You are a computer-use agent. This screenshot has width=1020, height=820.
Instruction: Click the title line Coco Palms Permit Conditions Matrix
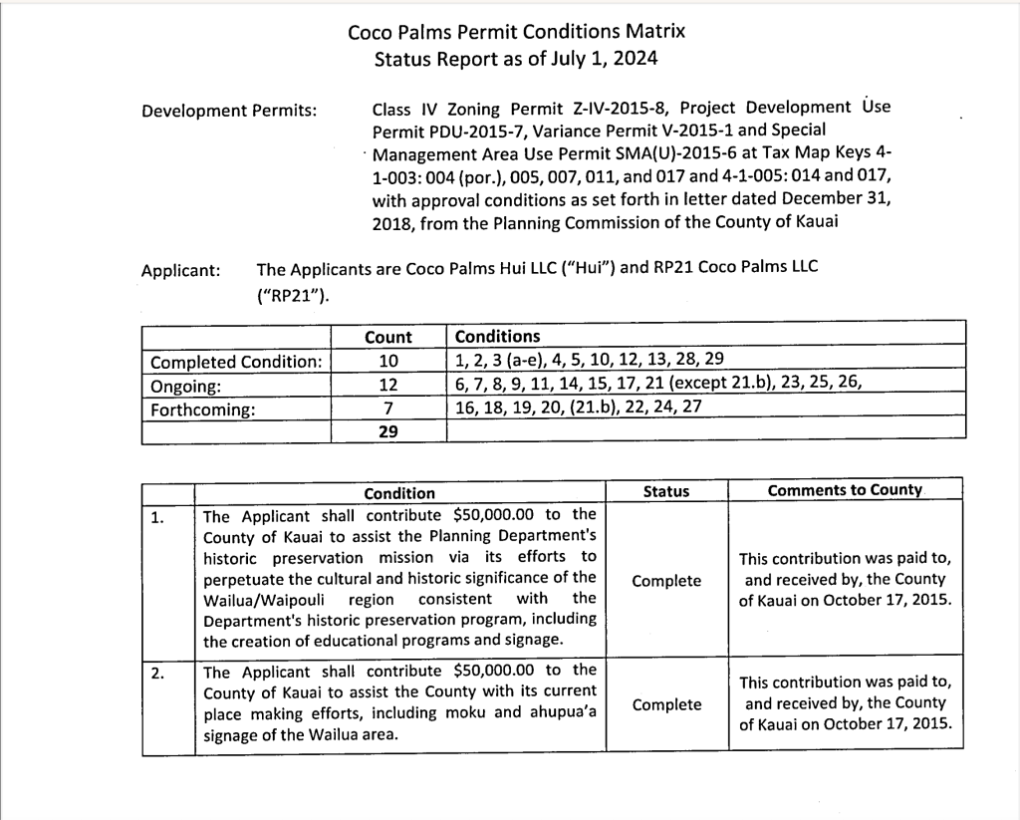(x=516, y=31)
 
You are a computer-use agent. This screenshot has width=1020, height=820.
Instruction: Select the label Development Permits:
(x=229, y=110)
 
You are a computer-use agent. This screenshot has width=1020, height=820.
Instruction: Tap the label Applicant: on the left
(x=181, y=270)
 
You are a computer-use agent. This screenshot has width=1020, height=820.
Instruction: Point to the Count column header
(x=388, y=337)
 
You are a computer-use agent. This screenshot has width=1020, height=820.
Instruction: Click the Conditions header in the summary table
(x=497, y=337)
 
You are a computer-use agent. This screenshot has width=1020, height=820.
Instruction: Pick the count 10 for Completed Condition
(x=388, y=361)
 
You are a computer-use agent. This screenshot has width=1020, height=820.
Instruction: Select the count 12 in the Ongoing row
(x=388, y=385)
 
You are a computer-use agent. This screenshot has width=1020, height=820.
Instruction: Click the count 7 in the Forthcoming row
(x=388, y=408)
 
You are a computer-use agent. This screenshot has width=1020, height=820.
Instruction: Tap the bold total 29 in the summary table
(x=388, y=430)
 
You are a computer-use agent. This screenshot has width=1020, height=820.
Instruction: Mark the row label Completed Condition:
(x=235, y=362)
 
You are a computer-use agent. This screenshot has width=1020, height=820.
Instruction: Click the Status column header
(x=666, y=491)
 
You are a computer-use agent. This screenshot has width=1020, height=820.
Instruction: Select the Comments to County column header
(x=845, y=490)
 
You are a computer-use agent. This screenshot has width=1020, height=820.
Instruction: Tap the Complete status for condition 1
(x=666, y=580)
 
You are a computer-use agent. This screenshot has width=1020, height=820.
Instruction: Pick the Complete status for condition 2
(x=666, y=704)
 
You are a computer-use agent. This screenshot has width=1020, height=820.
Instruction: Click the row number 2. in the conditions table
(x=157, y=673)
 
